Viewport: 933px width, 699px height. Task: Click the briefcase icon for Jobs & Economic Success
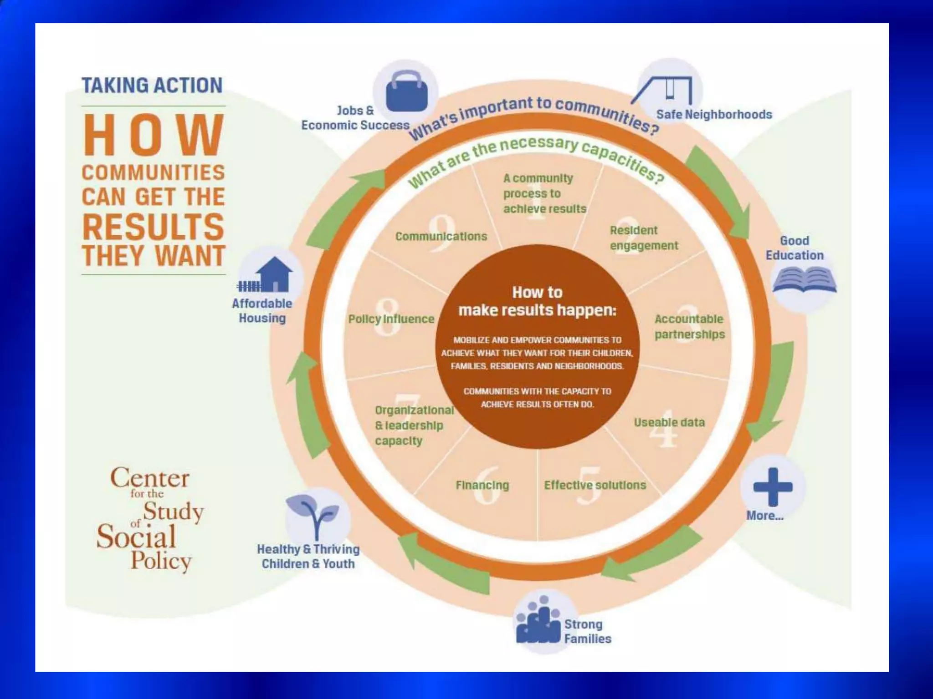[406, 91]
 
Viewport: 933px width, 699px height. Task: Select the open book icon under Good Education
[805, 279]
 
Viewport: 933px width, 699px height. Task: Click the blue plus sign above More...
[773, 486]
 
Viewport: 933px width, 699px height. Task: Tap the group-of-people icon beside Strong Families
[538, 621]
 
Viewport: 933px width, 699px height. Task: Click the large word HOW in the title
[154, 135]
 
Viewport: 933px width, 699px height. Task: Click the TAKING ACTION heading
[152, 86]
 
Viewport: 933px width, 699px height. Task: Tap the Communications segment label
[441, 236]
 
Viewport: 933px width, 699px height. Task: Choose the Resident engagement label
[644, 238]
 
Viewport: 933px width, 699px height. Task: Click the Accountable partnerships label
[689, 327]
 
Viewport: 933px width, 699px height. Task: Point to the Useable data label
[669, 422]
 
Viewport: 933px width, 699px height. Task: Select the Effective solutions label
[595, 485]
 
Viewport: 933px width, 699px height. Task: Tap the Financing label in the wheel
[482, 485]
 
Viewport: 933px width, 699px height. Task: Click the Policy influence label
[391, 319]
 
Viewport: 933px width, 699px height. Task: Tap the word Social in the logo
[136, 537]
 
